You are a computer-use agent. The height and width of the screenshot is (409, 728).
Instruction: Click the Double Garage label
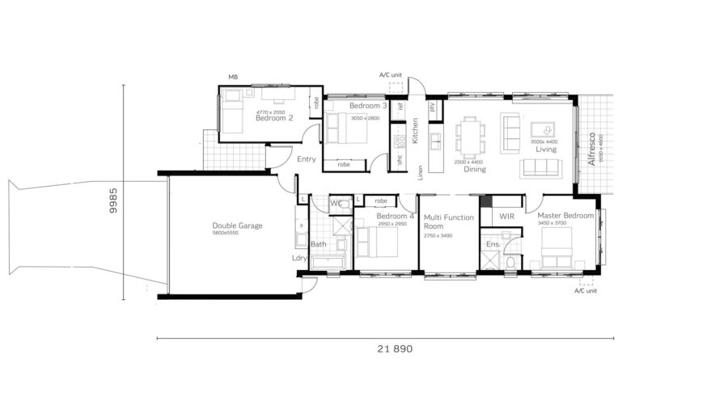click(x=237, y=226)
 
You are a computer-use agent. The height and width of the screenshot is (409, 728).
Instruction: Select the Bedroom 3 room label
click(x=368, y=106)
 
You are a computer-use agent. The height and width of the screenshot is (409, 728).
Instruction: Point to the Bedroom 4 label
click(x=396, y=217)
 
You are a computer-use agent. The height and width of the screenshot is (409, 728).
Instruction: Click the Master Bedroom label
click(x=566, y=216)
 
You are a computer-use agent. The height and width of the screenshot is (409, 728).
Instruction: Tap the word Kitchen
click(x=415, y=130)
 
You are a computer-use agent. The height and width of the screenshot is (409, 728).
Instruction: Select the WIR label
click(x=507, y=217)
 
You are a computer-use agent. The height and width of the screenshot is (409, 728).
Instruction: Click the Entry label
click(x=307, y=159)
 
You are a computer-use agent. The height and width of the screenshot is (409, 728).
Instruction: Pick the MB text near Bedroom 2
click(x=233, y=77)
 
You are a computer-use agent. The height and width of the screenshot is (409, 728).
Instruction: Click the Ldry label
click(x=299, y=259)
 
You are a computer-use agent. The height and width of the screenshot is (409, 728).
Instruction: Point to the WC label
click(x=336, y=203)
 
